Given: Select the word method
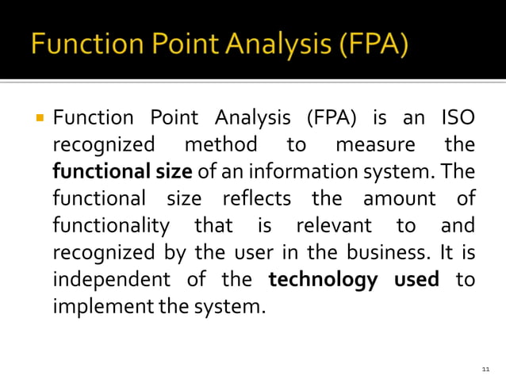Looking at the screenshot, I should (x=220, y=145).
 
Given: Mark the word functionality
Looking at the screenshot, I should (x=110, y=226).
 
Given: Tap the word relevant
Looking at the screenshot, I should (x=333, y=226).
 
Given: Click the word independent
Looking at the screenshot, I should (x=110, y=280).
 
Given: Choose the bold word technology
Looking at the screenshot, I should (x=323, y=280).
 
